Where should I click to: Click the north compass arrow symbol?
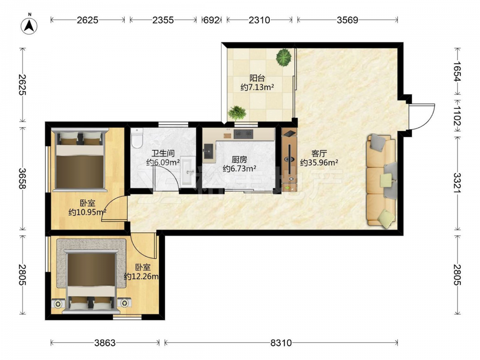tap(29, 25)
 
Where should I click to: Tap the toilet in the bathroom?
tap(137, 138)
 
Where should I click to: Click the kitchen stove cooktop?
tap(243, 134)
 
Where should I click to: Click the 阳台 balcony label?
tap(257, 78)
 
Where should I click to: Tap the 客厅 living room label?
tap(319, 153)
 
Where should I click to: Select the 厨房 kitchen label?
tap(240, 159)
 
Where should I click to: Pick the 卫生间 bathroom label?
tap(163, 153)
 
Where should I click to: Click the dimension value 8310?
tap(281, 343)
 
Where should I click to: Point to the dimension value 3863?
tap(105, 343)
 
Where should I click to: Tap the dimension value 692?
tap(212, 20)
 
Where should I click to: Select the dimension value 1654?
tap(457, 72)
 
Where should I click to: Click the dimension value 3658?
tap(22, 179)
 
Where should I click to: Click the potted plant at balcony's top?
tap(284, 58)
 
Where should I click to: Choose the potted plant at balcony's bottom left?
tap(237, 113)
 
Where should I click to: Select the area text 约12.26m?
tap(141, 277)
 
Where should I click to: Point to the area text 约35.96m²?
tap(319, 163)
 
